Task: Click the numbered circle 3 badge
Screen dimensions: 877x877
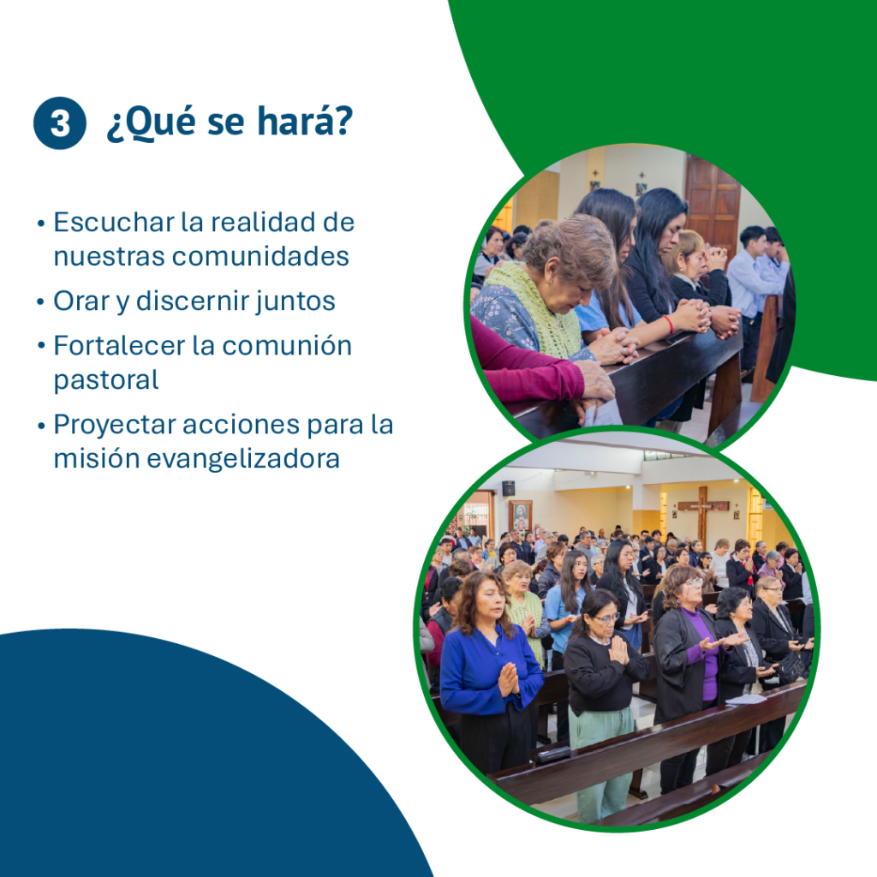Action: [x=60, y=123]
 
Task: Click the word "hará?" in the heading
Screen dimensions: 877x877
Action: [x=306, y=120]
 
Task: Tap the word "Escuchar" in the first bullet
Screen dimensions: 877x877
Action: [x=114, y=222]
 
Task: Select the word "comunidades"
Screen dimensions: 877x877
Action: [x=260, y=256]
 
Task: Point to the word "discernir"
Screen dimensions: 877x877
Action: [x=193, y=301]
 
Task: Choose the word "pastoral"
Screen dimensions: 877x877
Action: [x=106, y=380]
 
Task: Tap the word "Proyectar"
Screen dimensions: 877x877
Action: [x=115, y=425]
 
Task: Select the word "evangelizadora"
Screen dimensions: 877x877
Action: [x=243, y=458]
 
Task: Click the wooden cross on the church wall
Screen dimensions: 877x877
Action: [x=703, y=514]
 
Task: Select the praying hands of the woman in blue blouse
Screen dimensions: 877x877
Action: [x=508, y=679]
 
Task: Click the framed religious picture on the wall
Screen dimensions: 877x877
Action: [x=521, y=515]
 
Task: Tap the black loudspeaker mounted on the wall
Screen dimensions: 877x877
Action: [x=508, y=488]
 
